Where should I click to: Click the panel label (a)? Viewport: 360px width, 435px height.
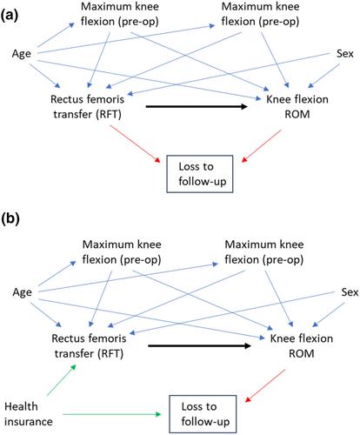pos(10,15)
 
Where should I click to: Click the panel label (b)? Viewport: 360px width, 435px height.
pos(10,219)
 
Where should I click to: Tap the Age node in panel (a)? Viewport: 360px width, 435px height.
pos(22,54)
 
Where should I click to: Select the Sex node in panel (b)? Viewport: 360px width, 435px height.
pos(350,292)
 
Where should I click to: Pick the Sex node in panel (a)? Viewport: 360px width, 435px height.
pos(345,54)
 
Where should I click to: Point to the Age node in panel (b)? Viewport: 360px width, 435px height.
pos(22,292)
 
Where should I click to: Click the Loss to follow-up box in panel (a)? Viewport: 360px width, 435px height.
pos(200,174)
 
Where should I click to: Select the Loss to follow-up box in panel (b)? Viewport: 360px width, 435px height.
pos(203,414)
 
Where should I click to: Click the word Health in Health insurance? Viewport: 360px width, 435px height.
pos(21,406)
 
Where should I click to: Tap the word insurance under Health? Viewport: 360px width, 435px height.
pos(29,422)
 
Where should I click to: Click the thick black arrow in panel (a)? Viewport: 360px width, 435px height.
pos(197,106)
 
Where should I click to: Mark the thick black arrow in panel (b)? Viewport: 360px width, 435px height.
pos(199,345)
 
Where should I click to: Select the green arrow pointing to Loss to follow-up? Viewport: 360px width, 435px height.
pos(112,414)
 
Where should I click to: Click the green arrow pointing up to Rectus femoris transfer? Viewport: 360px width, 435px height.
pos(62,380)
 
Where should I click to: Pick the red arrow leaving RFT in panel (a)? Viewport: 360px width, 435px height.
pos(135,144)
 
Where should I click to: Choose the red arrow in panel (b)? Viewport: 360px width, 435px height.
pos(265,385)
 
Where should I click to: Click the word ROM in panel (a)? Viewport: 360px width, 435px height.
pos(297,114)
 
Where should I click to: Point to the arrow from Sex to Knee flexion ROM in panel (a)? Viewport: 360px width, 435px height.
pos(323,76)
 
